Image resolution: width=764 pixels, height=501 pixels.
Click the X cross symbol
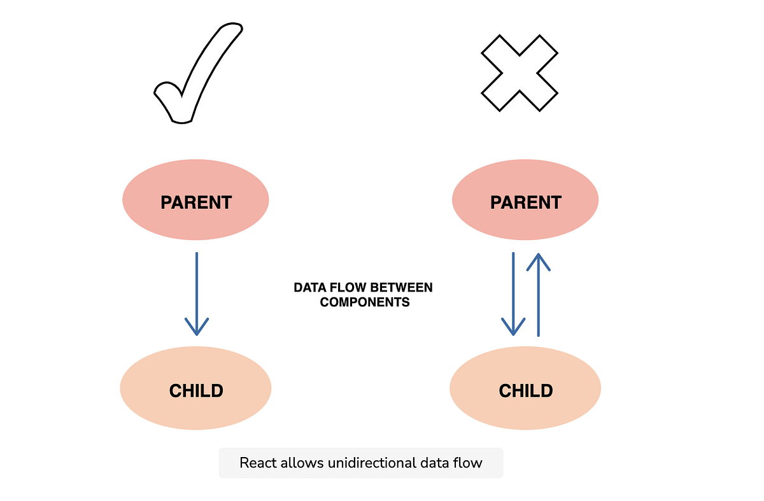[x=520, y=74]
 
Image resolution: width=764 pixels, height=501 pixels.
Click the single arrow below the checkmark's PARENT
[x=197, y=293]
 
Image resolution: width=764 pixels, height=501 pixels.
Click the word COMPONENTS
[x=364, y=302]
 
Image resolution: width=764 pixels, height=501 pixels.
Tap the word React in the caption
[x=258, y=463]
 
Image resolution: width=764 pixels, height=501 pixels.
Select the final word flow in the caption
[x=470, y=463]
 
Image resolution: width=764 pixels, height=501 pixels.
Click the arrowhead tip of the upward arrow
[x=539, y=256]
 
